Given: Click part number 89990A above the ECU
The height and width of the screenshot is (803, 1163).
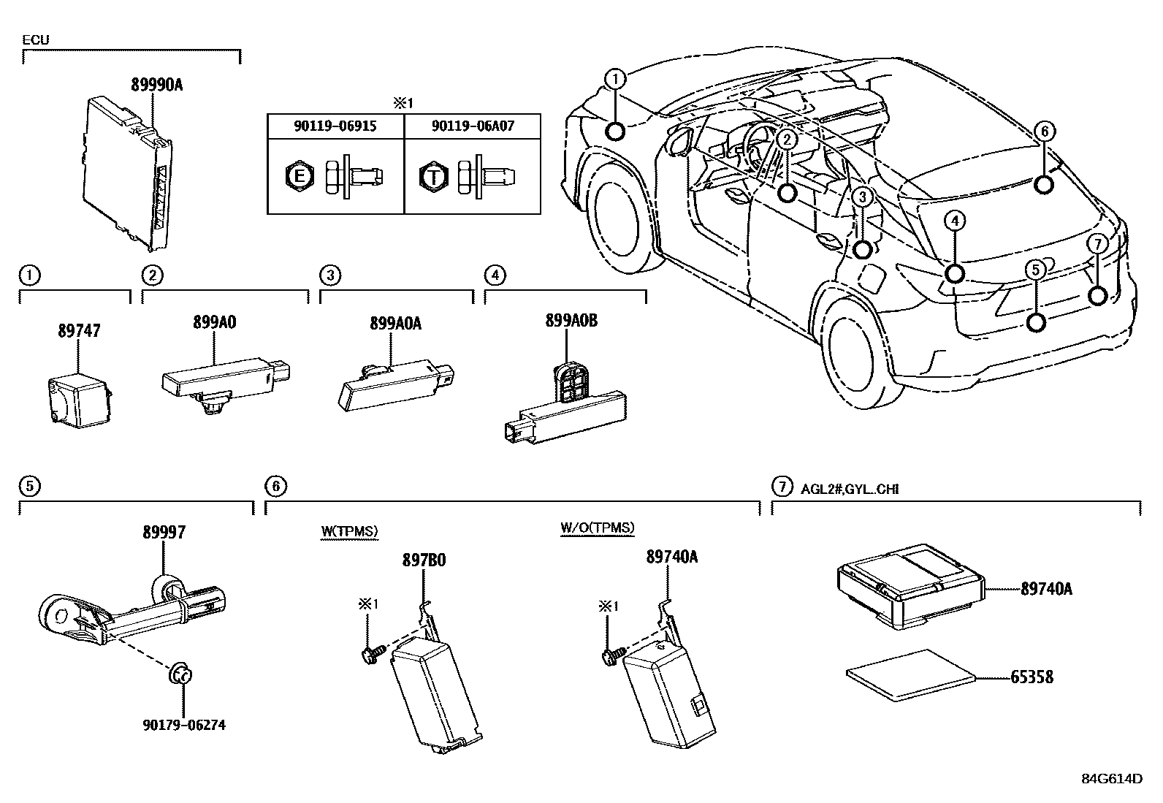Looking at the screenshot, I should (156, 85).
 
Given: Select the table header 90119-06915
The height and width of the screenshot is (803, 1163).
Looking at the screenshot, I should (335, 126).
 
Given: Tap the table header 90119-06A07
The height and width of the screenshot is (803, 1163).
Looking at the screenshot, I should (473, 126).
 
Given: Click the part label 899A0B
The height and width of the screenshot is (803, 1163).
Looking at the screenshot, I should (571, 319).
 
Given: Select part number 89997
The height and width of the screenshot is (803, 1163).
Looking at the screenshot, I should (164, 533).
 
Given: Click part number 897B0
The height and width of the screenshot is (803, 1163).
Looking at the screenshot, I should (424, 560).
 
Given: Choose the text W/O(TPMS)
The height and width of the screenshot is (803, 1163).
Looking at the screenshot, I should (598, 528).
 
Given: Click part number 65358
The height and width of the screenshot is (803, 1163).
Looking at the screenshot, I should (1032, 677).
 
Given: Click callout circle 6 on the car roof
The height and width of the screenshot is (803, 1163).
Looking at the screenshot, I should (1044, 132).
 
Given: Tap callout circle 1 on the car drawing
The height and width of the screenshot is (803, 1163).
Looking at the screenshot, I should (616, 78).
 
